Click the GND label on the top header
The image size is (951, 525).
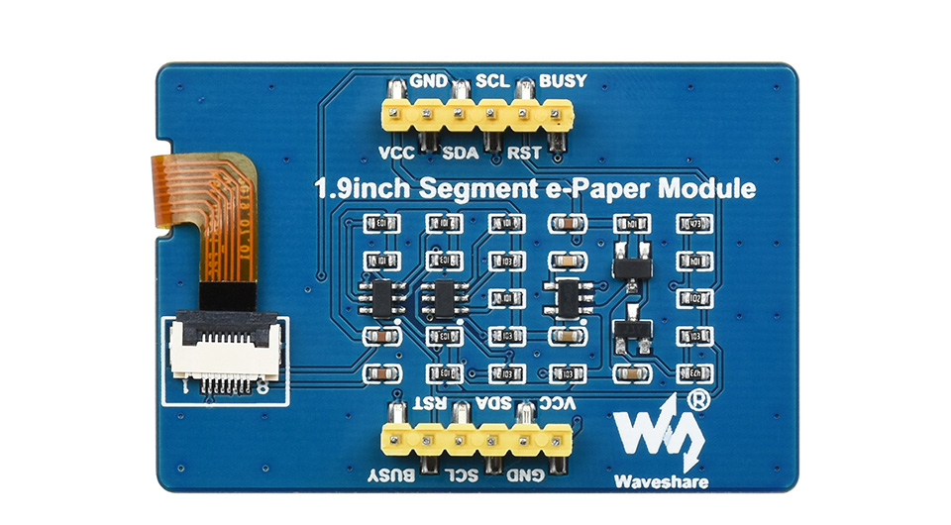coord(428,80)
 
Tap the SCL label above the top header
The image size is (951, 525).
coord(493,80)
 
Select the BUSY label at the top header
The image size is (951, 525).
coord(561,80)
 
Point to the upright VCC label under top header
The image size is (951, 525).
coord(396,153)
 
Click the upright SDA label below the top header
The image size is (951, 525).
coord(460,153)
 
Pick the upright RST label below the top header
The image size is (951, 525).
coord(523,153)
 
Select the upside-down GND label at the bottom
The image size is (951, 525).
coord(526,475)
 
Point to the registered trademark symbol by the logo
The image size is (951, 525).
coord(698,400)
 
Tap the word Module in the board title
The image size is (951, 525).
coord(709,188)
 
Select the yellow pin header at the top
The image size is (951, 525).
coord(475,116)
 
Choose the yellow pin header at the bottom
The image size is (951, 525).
coord(476,438)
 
